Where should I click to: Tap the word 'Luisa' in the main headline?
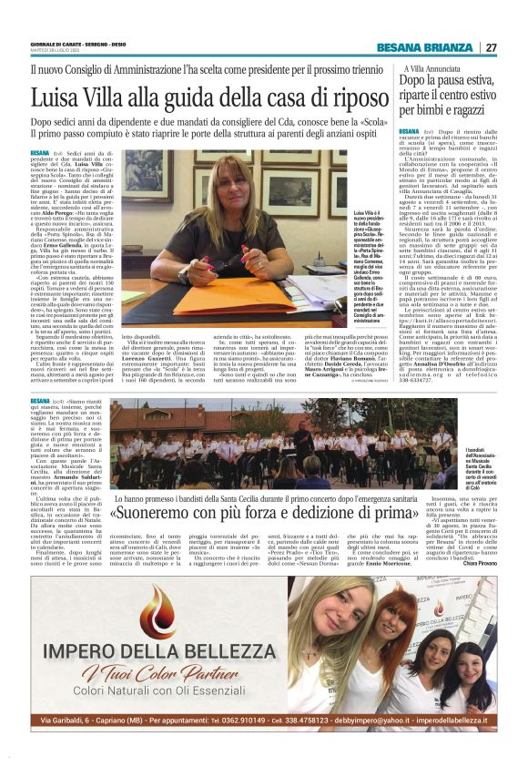56,97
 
